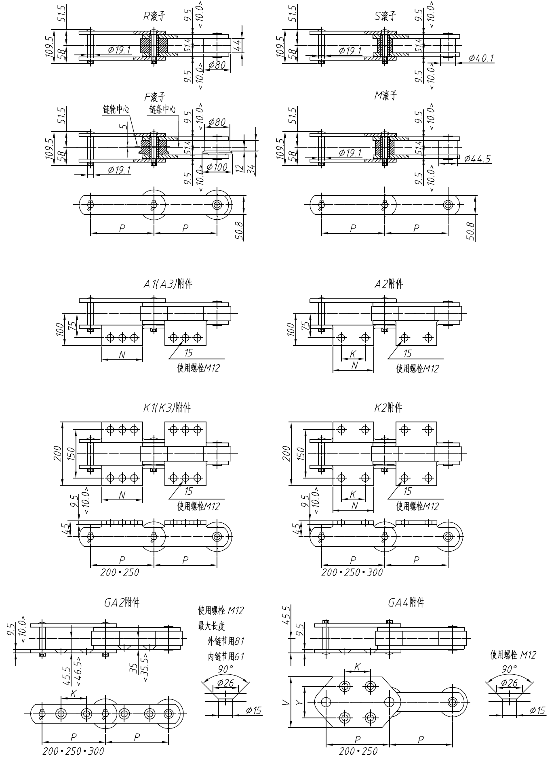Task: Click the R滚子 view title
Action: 154,16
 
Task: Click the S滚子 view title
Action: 385,16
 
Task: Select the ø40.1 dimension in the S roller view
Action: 481,58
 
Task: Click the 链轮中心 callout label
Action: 116,109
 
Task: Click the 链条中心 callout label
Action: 162,109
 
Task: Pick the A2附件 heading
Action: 389,284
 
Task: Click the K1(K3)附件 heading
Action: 167,408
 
